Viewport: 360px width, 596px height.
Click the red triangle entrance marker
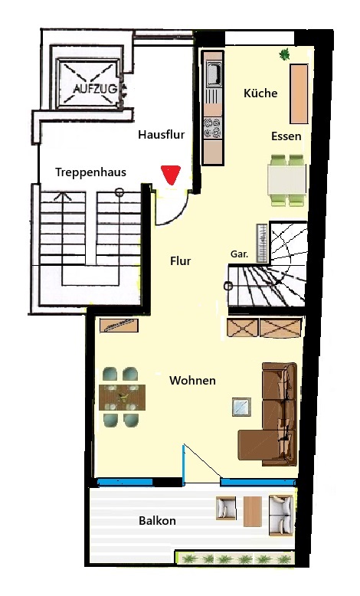(x=170, y=175)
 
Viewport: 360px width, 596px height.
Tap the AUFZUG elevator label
(x=95, y=89)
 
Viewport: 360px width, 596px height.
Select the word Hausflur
(x=161, y=135)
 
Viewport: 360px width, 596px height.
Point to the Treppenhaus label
(x=90, y=172)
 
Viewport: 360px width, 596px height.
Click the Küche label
(x=260, y=93)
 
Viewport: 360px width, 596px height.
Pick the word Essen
(x=286, y=136)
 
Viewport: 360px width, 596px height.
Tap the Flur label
(x=180, y=261)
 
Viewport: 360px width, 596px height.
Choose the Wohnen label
(x=193, y=381)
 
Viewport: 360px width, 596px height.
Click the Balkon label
(x=157, y=520)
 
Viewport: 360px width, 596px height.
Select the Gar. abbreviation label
(x=240, y=254)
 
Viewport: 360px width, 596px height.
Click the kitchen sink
(x=213, y=73)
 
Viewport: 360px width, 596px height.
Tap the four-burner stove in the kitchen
(x=212, y=128)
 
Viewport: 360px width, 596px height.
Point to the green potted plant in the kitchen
(x=284, y=54)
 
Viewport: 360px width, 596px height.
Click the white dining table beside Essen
(x=286, y=180)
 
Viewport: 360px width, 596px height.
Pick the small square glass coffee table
(x=242, y=407)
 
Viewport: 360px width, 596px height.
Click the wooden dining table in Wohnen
(x=122, y=398)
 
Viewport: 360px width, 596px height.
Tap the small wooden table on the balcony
(x=253, y=512)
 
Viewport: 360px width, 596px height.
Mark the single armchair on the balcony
(x=226, y=508)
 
